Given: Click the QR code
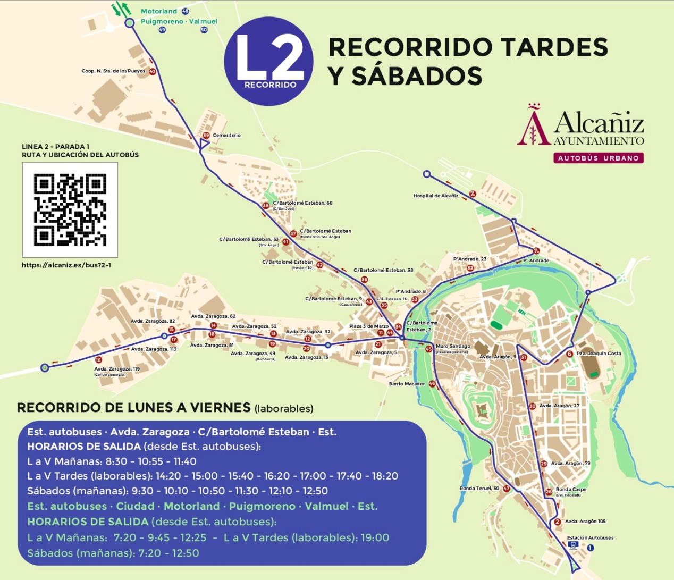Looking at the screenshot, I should coord(70,210).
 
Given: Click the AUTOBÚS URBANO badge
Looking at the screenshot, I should coord(598,158).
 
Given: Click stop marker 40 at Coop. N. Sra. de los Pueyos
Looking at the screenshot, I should coord(153,71).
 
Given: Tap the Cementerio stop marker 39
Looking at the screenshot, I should coord(206,136).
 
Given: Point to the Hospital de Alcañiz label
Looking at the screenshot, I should coord(436,196).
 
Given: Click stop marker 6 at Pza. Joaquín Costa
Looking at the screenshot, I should coord(569,354).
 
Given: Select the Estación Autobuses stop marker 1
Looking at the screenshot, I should coord(591,548).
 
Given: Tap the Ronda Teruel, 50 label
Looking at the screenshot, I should coord(479,489).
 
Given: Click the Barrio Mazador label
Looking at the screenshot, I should coord(407,384).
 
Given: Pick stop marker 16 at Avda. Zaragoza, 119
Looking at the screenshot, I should coord(98,360).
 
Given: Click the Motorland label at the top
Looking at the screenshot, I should coord(159,11).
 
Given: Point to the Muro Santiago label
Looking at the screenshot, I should coord(453,346).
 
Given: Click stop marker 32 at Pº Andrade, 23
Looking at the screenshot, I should coord(470,268).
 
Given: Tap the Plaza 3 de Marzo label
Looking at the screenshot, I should coord(368,326).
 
